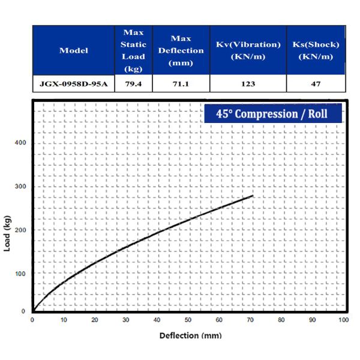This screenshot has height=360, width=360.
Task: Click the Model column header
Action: click(73, 50)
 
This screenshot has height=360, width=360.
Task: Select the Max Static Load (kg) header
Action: click(133, 50)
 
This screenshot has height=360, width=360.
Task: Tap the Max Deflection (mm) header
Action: click(181, 50)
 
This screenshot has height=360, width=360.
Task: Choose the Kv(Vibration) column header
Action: click(248, 50)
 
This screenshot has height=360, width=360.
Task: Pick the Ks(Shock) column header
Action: click(315, 50)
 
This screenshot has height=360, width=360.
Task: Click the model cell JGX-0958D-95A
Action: click(73, 83)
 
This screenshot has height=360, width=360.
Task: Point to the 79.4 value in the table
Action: click(133, 83)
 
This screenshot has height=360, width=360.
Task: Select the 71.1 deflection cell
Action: click(181, 83)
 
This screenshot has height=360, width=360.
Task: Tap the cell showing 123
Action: click(248, 83)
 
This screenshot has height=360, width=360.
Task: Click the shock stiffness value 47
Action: click(315, 83)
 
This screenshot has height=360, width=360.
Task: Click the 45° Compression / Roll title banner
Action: click(272, 113)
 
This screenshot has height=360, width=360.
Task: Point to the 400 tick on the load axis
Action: click(22, 143)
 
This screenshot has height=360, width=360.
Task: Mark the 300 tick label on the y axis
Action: click(22, 187)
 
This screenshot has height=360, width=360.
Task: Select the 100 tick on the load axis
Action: click(22, 274)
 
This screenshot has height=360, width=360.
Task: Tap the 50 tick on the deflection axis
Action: click(188, 320)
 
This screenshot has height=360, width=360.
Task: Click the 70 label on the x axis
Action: click(250, 320)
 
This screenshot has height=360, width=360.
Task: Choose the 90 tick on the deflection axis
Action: click(312, 320)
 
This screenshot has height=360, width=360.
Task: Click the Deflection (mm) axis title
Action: click(190, 335)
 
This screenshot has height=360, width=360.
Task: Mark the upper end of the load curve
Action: click(253, 196)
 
